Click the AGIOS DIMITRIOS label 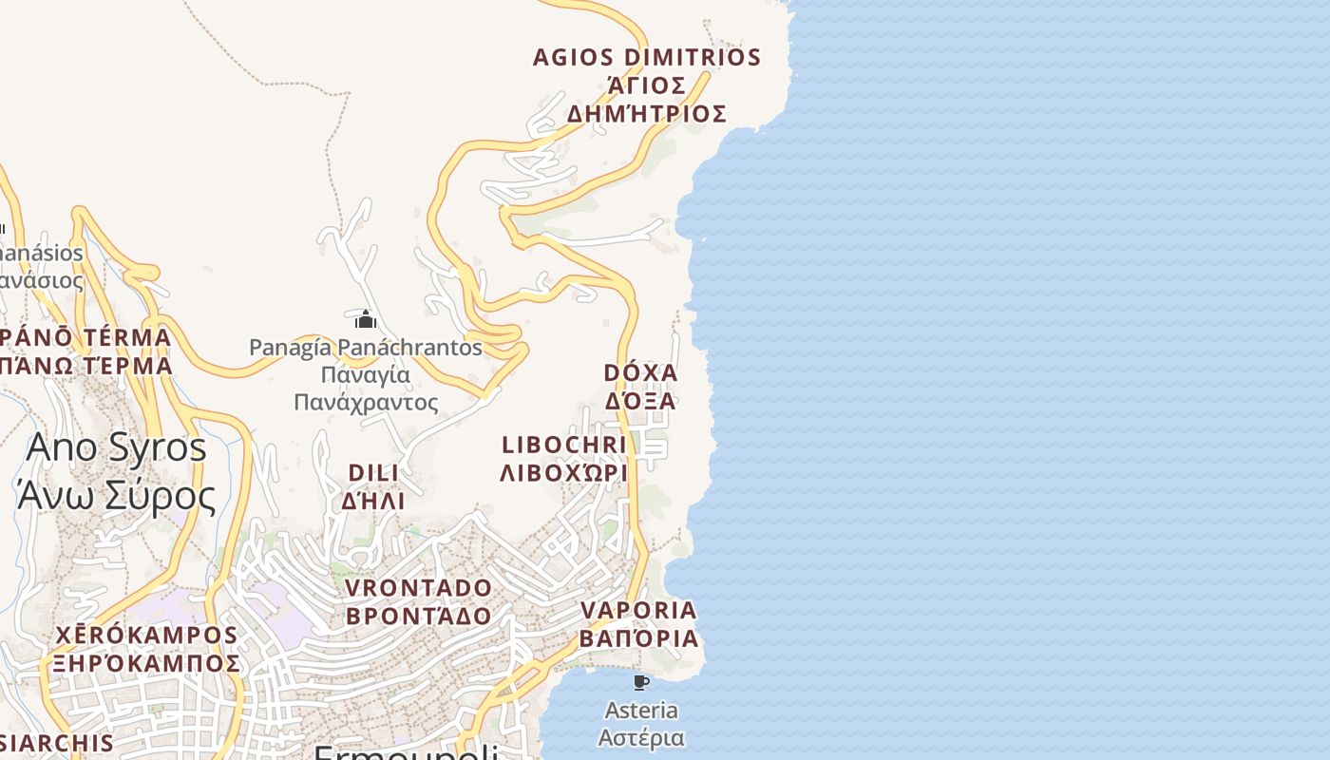click(647, 58)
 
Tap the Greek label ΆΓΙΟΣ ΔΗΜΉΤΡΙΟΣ click(647, 100)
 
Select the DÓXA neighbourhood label click(640, 372)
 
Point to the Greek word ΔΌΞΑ click(640, 401)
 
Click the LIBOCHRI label click(564, 445)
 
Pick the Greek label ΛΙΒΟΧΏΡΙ click(564, 472)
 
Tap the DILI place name click(373, 473)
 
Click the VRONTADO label click(419, 588)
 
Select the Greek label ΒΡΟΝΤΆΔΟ click(419, 616)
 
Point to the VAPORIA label click(638, 610)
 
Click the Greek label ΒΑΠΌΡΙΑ click(638, 638)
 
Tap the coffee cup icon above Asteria click(641, 682)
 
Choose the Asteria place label click(641, 711)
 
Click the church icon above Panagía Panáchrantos click(366, 319)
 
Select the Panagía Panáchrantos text click(366, 348)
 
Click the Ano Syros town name click(116, 447)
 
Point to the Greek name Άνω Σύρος click(116, 494)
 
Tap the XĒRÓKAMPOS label click(146, 635)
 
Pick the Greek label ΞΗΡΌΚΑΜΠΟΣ click(146, 662)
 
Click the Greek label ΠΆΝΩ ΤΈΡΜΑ click(86, 366)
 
